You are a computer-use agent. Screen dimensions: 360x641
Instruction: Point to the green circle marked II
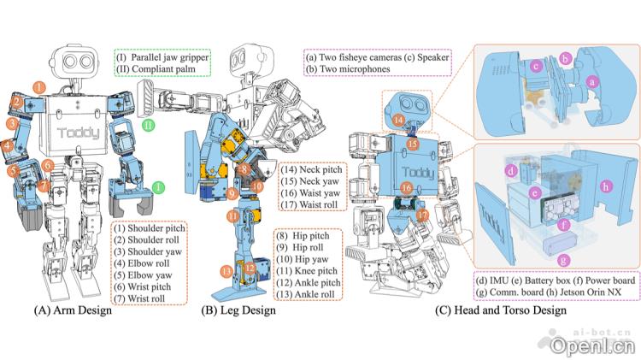click(x=149, y=125)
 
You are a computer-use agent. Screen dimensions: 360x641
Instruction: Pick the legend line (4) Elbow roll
click(x=144, y=254)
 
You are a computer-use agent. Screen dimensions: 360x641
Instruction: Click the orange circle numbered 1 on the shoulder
click(x=39, y=87)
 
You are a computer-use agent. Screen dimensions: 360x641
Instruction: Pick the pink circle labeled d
click(x=511, y=172)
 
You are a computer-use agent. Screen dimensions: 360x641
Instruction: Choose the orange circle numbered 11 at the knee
click(x=233, y=217)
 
